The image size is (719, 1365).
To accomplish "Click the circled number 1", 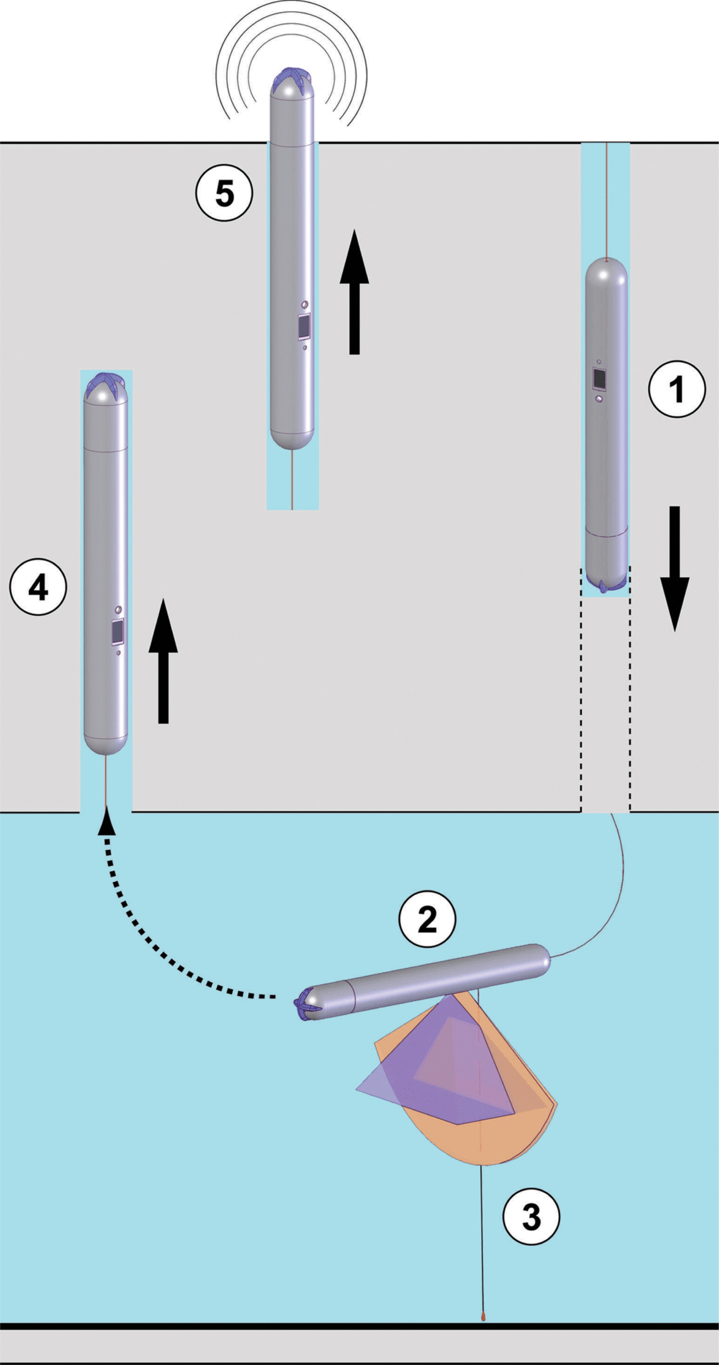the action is coord(677,389).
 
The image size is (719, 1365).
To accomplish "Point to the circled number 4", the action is coord(38,587).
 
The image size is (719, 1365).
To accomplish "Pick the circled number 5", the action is coord(224,192).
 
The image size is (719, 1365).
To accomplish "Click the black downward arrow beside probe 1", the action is coord(674,569).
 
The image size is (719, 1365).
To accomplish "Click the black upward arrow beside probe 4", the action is coord(163,661).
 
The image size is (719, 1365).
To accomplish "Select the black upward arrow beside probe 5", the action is coord(354,291).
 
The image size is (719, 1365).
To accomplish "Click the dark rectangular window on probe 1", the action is coord(600,378).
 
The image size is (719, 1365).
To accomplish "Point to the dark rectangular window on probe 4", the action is coord(118,631).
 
